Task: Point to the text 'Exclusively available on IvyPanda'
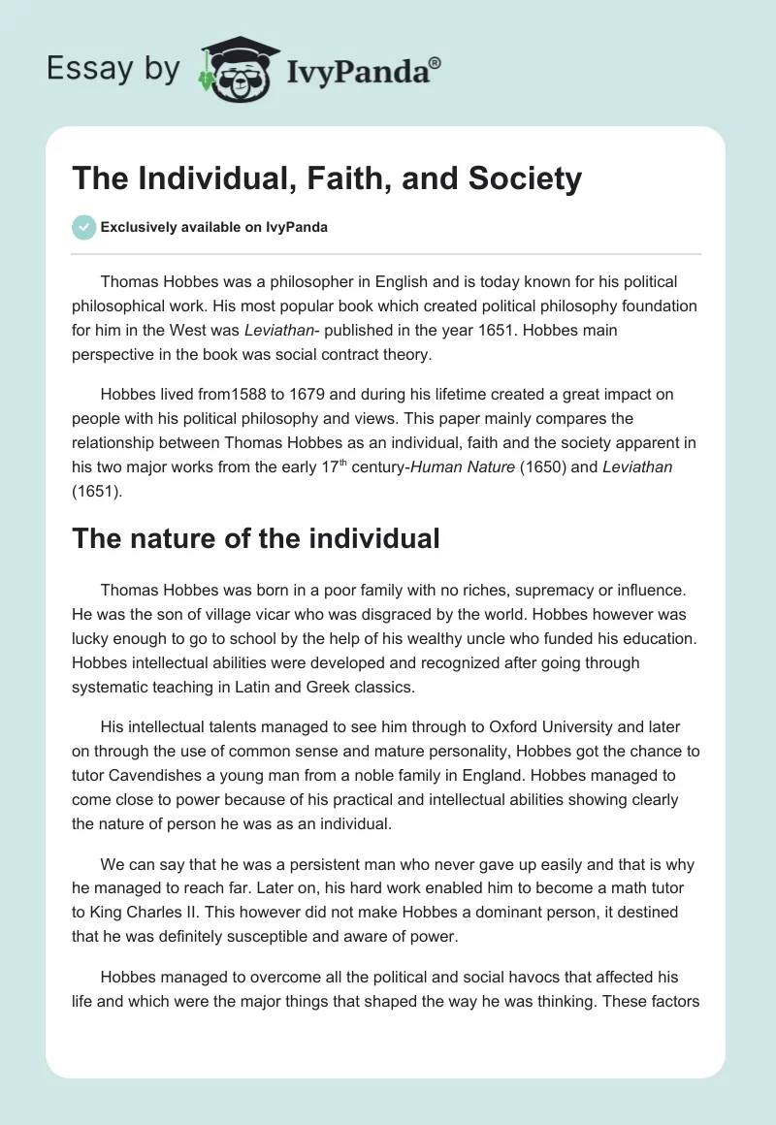(x=214, y=228)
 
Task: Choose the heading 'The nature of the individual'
(x=256, y=538)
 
